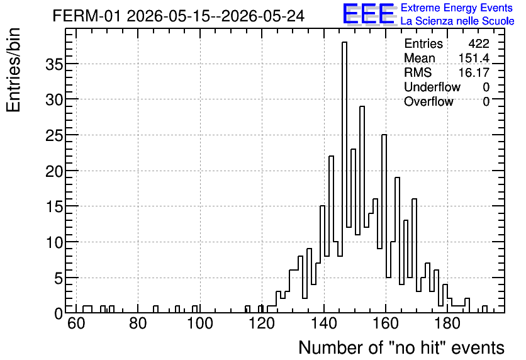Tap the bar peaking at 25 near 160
click(x=384, y=223)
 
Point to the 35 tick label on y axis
click(x=54, y=64)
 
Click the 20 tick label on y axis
click(x=54, y=171)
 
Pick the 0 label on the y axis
click(x=59, y=313)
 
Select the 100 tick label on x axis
click(x=200, y=324)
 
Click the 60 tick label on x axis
click(x=76, y=324)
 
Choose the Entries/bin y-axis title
click(x=14, y=70)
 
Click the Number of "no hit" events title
click(x=401, y=347)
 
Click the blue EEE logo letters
click(x=369, y=13)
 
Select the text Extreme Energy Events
click(x=457, y=8)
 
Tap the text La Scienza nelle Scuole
click(x=457, y=21)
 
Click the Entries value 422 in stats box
click(x=479, y=43)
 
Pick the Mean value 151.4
click(x=474, y=58)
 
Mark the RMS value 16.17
click(x=474, y=72)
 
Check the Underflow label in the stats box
click(x=432, y=87)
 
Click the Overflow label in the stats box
click(x=428, y=101)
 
